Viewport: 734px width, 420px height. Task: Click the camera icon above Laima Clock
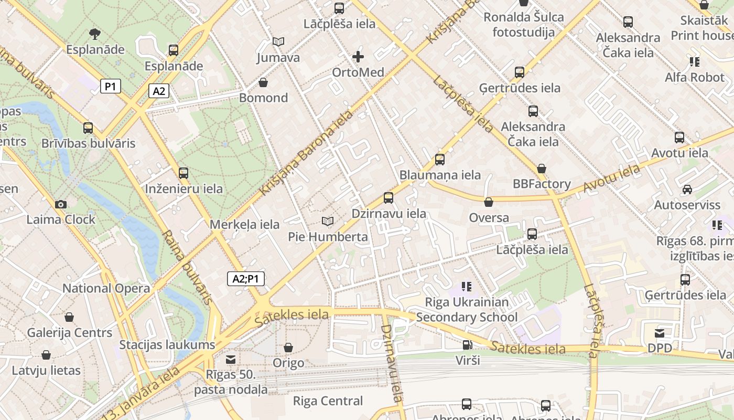point(61,204)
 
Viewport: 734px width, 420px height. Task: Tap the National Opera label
point(106,288)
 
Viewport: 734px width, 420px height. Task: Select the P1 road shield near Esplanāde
point(110,86)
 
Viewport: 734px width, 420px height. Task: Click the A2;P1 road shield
point(245,279)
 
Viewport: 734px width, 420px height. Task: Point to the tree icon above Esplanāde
point(95,35)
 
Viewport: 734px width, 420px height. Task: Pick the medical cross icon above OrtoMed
point(358,57)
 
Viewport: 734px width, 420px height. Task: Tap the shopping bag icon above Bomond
point(263,82)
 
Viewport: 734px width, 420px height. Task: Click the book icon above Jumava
point(278,42)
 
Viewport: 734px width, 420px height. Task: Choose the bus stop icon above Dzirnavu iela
point(388,197)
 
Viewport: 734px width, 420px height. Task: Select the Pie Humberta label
point(328,237)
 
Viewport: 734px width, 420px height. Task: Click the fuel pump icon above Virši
point(467,345)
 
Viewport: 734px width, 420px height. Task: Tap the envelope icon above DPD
point(660,333)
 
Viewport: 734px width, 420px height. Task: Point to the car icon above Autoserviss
point(687,190)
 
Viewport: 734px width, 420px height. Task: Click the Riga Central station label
point(328,401)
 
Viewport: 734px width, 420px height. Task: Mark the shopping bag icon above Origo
point(288,348)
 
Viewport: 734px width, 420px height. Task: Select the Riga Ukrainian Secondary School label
point(467,310)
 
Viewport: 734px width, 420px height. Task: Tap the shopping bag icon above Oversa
point(489,202)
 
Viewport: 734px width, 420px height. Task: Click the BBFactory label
point(542,184)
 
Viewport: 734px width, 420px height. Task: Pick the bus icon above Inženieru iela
point(183,173)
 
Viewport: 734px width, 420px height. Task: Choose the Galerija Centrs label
point(69,333)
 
